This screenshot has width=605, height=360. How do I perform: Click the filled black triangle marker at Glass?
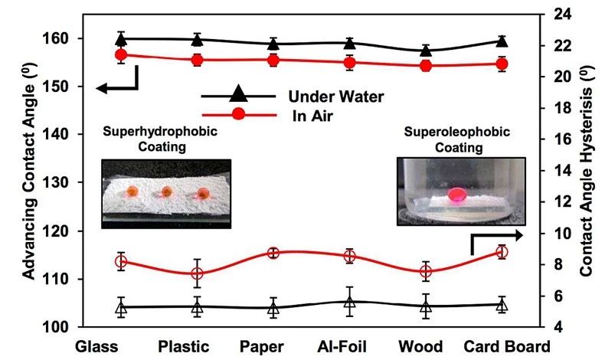pos(121,38)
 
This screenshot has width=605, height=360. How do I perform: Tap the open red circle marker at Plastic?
pos(198,273)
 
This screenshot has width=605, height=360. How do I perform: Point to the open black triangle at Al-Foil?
pos(350,303)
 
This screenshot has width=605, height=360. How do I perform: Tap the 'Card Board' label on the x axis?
pos(508,346)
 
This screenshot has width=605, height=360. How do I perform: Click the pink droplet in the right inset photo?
pos(456,195)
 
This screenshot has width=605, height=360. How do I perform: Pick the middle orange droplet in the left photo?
pos(166,191)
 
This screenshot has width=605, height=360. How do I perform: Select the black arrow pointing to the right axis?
pos(498,235)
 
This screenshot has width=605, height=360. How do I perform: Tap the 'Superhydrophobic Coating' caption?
pos(160,138)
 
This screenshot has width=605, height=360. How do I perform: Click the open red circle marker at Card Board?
pos(502,251)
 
